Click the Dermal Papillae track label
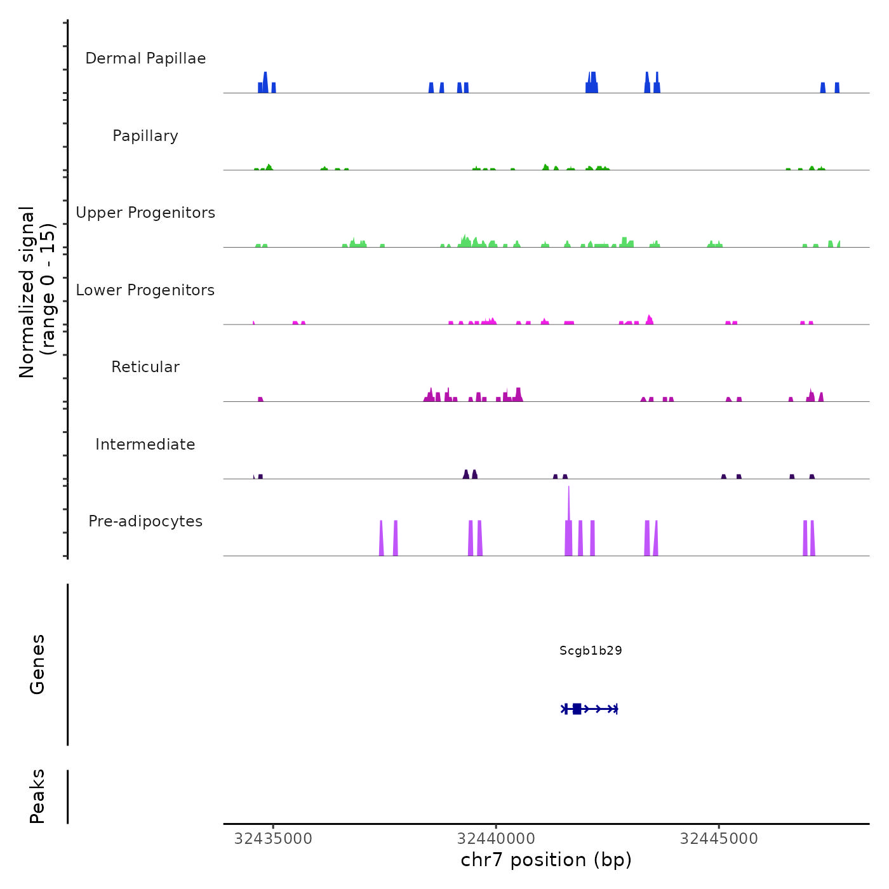(145, 58)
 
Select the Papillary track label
(145, 136)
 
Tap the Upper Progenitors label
(145, 213)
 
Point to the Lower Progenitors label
(145, 290)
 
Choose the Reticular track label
(145, 367)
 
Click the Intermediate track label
(145, 444)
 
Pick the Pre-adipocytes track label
(145, 521)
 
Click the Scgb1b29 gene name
(591, 650)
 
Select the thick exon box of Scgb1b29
(577, 709)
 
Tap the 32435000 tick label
(273, 839)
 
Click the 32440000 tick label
(496, 839)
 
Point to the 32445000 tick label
(719, 839)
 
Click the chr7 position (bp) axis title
(546, 860)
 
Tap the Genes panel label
(37, 664)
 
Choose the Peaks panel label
(37, 796)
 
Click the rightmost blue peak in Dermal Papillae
(837, 88)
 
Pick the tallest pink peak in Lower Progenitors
(649, 319)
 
